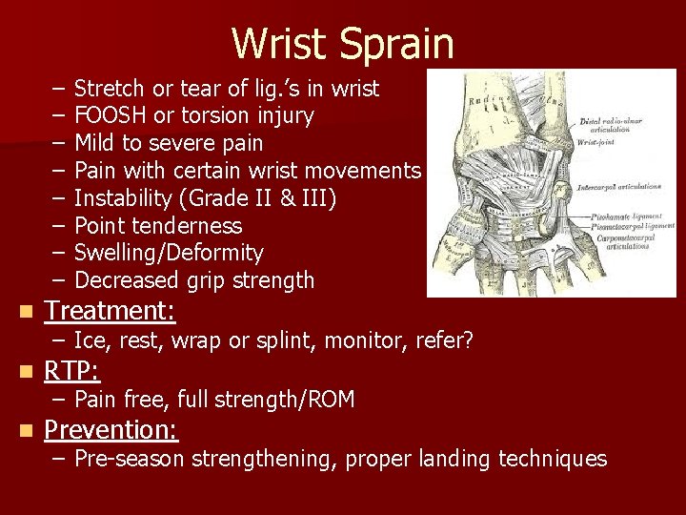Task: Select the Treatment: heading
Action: coord(110,311)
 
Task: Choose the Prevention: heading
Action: coord(111,429)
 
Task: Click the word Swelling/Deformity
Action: coord(169,253)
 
